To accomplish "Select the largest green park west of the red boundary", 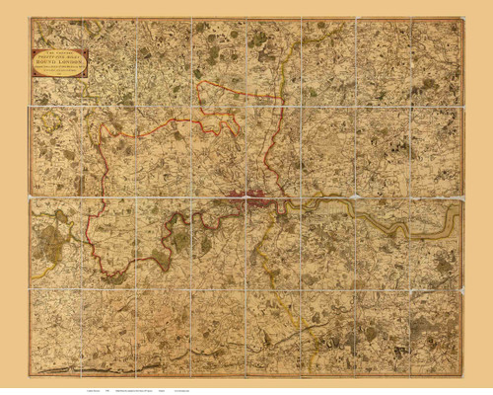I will pos(61,238).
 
